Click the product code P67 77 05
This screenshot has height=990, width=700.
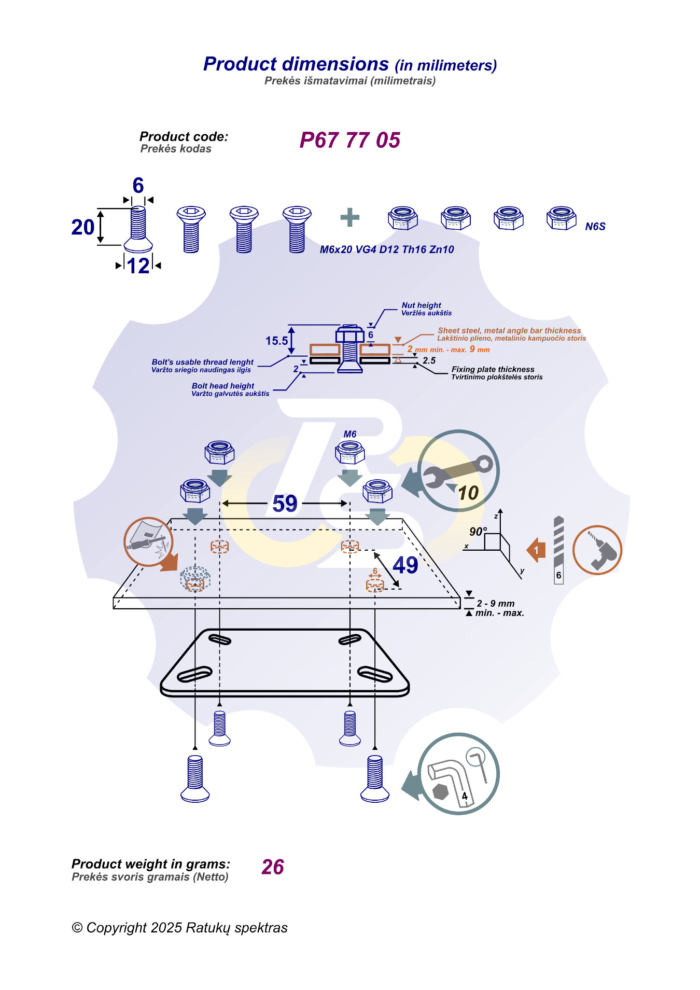[350, 140]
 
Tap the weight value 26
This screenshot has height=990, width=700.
[273, 867]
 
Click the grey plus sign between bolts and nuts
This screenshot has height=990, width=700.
[350, 217]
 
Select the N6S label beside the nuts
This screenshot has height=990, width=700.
[595, 227]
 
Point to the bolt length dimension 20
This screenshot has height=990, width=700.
[83, 227]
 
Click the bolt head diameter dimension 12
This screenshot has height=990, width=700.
[138, 266]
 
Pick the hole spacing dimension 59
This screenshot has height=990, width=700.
[285, 504]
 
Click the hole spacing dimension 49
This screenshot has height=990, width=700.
[405, 565]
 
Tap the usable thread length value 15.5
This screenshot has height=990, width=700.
[276, 341]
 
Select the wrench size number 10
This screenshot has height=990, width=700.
[468, 493]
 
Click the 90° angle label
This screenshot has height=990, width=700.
[478, 532]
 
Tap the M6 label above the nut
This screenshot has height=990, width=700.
[350, 434]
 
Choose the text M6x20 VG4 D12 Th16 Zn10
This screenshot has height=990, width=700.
[387, 249]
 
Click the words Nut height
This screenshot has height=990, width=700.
[421, 305]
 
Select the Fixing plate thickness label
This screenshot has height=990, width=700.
[493, 369]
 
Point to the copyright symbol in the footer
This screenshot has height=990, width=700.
[77, 928]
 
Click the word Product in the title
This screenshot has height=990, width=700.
[240, 64]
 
